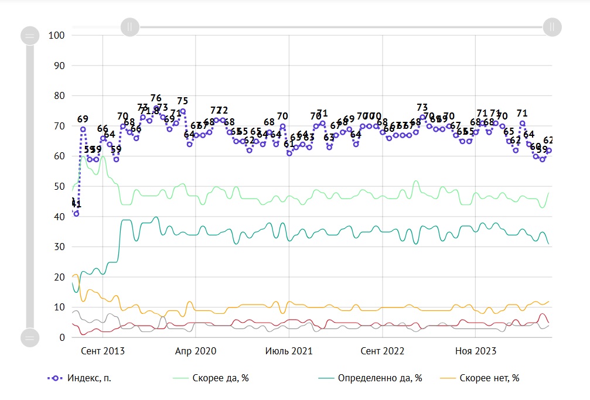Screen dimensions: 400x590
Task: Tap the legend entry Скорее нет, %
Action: point(489,378)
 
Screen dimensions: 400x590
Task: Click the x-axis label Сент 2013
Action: point(103,351)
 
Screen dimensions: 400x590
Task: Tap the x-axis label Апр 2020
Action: point(196,351)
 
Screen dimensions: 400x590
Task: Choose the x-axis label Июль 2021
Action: point(289,351)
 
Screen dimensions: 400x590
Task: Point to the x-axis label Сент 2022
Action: point(383,351)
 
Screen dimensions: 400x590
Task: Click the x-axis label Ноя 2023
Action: point(476,351)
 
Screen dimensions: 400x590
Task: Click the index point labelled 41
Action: point(76,214)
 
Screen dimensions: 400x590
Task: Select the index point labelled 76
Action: point(156,108)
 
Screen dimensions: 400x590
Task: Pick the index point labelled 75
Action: point(183,111)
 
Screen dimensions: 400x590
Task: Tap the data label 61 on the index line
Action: point(289,153)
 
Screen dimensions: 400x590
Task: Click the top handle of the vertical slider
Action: point(29,36)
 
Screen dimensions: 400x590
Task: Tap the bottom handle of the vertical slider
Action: point(29,337)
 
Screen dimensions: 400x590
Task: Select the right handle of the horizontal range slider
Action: point(552,26)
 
